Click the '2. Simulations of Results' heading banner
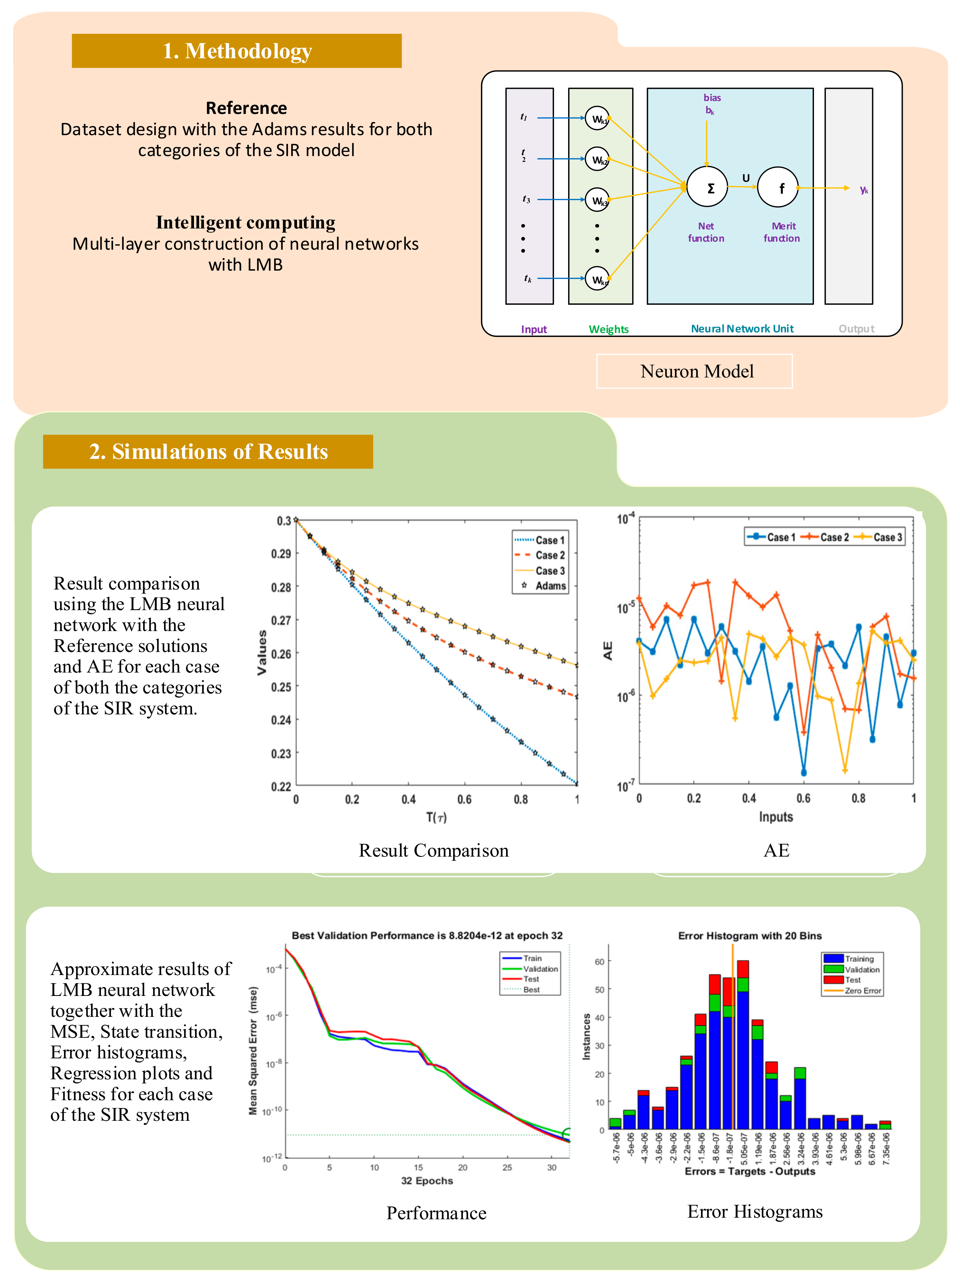coord(208,451)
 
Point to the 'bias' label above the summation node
coord(712,98)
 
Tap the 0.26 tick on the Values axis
coord(282,654)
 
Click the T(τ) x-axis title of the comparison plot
coord(436,817)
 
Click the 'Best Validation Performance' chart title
coord(427,935)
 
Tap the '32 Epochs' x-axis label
coord(427,1181)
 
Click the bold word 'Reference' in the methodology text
coord(246,108)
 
